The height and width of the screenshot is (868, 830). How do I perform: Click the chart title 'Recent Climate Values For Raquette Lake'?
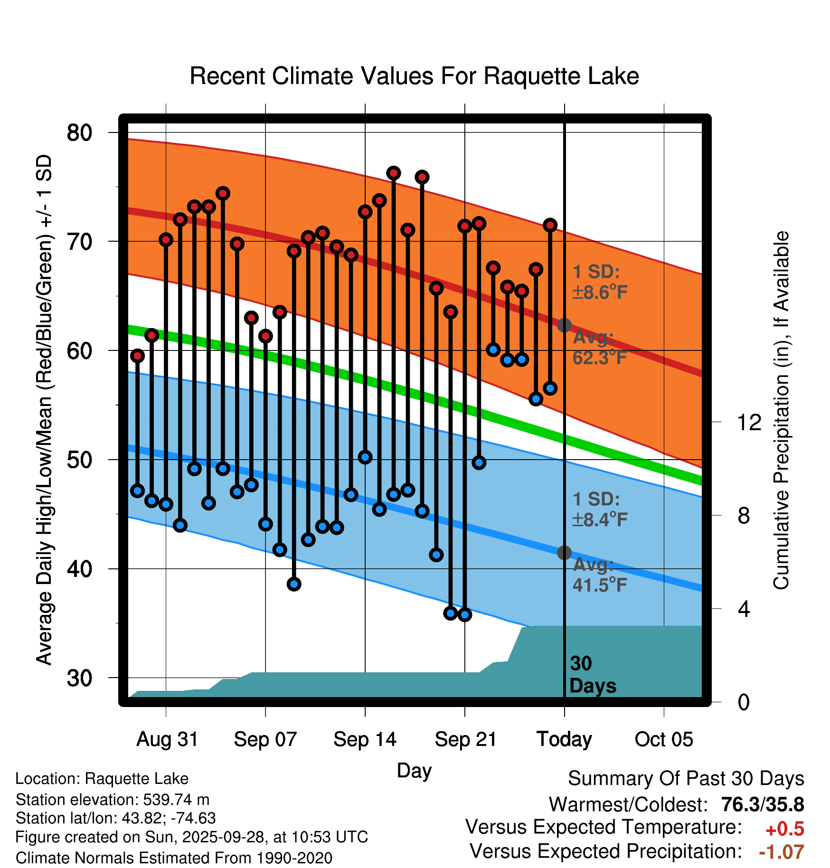coord(414,76)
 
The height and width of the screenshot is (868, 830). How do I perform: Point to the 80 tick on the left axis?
coord(79,132)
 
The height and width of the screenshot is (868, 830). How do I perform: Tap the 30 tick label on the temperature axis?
coord(79,678)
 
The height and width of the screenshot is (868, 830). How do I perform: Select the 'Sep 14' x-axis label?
coord(365,739)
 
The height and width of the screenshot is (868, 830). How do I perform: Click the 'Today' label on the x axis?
coord(564,739)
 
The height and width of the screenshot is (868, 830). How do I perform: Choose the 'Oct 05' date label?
coord(664,739)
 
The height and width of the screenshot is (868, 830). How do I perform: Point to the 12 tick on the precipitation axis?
coord(749,422)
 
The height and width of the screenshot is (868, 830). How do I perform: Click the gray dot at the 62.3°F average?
coord(564,325)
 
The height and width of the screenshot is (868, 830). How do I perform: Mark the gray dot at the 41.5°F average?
coord(564,553)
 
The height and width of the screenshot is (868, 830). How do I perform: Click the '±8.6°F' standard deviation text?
coord(600,292)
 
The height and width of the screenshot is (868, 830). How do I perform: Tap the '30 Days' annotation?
coord(592,675)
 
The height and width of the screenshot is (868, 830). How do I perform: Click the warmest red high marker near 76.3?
coord(393,173)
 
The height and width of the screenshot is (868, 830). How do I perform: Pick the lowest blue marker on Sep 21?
coord(465,614)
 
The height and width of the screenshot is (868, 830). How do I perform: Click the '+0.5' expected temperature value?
coord(784,829)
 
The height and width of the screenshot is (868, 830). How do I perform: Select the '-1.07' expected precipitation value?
coord(781,852)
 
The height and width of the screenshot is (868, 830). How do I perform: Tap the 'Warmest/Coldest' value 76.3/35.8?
coord(762,804)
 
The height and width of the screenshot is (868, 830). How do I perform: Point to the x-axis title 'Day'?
coord(414,770)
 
